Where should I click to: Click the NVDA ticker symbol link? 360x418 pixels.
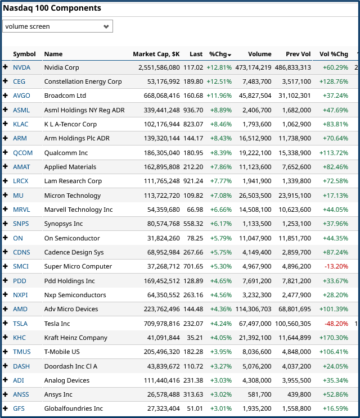point(22,67)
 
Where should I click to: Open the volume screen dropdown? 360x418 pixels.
point(58,26)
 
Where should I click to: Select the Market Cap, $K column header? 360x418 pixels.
point(156,54)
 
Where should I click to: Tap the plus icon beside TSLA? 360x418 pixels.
point(6,324)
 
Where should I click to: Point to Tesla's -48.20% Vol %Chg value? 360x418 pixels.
point(335,324)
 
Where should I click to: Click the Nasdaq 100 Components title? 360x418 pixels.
point(52,8)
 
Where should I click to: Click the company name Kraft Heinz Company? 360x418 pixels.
point(75,338)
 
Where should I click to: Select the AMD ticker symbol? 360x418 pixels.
point(20,309)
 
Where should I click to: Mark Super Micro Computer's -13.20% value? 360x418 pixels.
point(335,266)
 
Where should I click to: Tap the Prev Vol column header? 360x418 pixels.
point(298,54)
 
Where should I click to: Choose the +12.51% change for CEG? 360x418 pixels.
point(219,81)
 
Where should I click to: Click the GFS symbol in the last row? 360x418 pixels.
point(19,408)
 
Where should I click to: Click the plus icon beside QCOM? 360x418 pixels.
point(6,153)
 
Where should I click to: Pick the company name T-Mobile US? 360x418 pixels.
point(62,352)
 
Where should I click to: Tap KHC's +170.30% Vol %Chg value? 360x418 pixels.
point(334,338)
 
